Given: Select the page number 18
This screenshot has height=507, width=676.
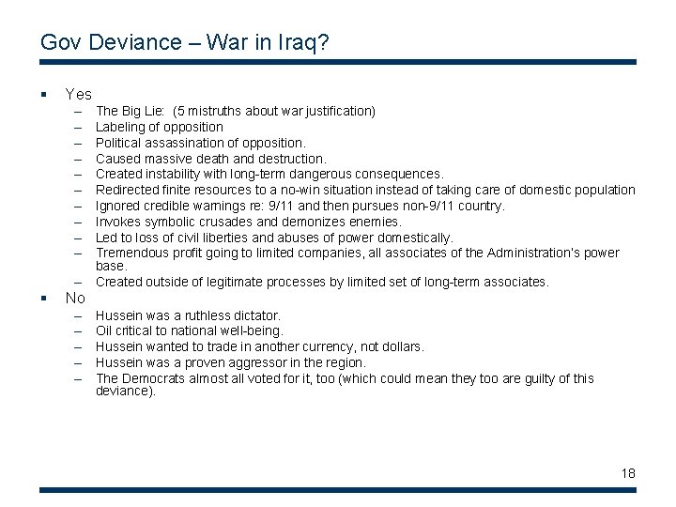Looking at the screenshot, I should click(627, 473).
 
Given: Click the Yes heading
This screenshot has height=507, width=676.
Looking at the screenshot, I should click(78, 94).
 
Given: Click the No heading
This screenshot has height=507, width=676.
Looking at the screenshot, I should click(75, 299).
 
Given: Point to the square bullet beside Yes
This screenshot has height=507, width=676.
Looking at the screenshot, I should click(44, 94).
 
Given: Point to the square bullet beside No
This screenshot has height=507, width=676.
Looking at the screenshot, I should click(44, 299).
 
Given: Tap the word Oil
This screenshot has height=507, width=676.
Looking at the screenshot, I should click(105, 330).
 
